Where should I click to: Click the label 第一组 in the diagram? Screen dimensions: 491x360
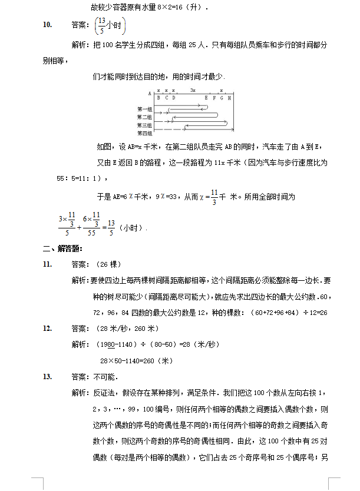(x=144, y=109)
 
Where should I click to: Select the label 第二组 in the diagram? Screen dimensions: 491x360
(x=144, y=117)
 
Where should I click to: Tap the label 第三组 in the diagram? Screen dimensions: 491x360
(x=144, y=125)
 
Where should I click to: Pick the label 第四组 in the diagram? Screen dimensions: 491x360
(x=144, y=133)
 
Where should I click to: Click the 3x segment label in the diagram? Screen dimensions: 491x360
(x=193, y=90)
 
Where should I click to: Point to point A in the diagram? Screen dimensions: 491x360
(x=150, y=94)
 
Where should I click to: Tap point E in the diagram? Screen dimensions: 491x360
(x=206, y=98)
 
